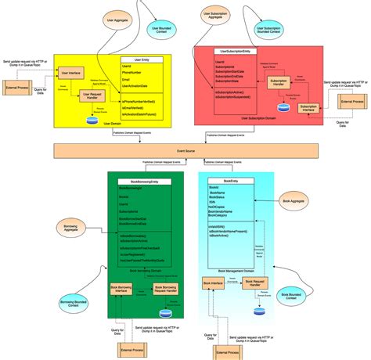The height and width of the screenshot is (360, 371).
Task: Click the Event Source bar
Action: coord(185,149)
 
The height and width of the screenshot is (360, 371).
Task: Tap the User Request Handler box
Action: coord(92,96)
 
